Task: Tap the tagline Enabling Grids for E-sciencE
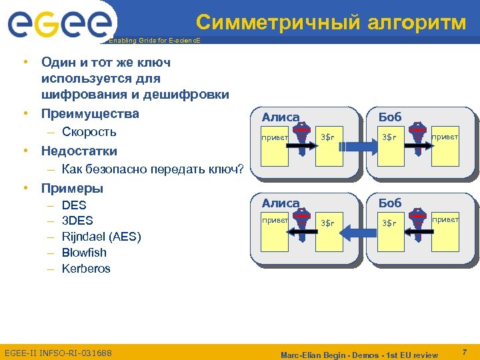(x=153, y=41)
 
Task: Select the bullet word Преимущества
(x=90, y=113)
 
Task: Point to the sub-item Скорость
(x=89, y=131)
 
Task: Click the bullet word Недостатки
(x=79, y=151)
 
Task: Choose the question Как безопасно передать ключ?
(x=153, y=169)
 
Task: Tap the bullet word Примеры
(x=72, y=187)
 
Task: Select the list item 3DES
(x=77, y=221)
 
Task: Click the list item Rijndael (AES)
(x=101, y=237)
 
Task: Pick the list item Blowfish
(x=84, y=253)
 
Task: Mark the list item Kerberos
(x=86, y=269)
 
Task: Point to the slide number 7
(x=465, y=351)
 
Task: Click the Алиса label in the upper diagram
(x=280, y=117)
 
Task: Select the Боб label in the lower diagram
(x=390, y=203)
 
